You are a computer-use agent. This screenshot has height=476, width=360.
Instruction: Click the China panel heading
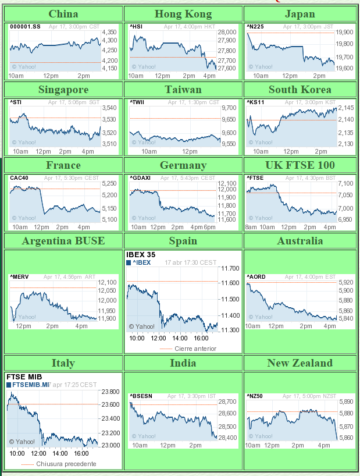point(63,14)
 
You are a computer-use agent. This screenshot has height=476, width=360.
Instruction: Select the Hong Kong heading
point(183,14)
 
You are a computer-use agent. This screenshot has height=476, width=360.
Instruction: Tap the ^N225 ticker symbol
point(255,27)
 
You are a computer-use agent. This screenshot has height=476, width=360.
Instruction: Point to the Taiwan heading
point(183,90)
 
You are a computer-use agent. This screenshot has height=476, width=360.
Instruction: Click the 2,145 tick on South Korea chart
point(345,108)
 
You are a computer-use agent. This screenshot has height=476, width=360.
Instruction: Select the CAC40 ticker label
point(19,178)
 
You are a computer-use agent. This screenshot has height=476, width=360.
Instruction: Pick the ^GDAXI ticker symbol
point(140,178)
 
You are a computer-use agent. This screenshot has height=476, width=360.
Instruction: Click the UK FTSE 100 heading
point(300,165)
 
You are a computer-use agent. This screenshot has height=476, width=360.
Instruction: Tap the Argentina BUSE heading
point(63,241)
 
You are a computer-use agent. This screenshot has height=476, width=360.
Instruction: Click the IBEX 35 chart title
point(141,254)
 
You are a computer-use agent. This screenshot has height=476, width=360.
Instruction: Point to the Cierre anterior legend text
point(195,349)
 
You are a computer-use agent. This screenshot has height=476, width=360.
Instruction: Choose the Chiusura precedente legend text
point(66,464)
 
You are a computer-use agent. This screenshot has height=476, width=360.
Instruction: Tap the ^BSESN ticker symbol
point(141,396)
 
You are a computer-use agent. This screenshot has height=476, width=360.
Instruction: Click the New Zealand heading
point(300,363)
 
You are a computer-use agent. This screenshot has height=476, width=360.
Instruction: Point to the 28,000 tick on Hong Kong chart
point(227,33)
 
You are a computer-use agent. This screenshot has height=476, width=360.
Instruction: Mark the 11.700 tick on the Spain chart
point(230,269)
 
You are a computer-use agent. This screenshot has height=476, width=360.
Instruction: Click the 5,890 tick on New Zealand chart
point(345,402)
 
